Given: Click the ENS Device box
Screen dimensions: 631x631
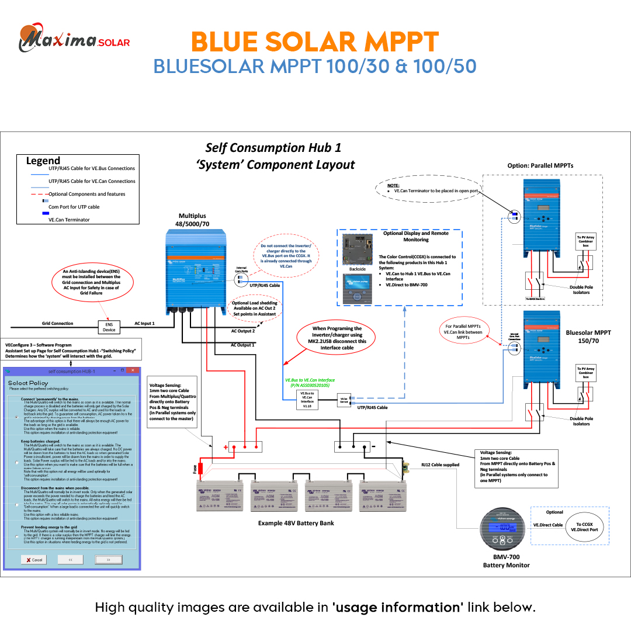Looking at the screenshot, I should click(x=109, y=327).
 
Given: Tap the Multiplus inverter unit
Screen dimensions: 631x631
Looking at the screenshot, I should click(x=196, y=269).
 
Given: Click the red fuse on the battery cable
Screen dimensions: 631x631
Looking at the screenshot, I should click(x=200, y=468).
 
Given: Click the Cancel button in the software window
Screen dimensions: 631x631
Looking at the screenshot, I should click(x=34, y=559).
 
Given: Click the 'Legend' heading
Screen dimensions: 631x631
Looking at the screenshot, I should click(x=43, y=161).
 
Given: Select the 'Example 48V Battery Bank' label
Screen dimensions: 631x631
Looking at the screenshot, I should click(x=296, y=523).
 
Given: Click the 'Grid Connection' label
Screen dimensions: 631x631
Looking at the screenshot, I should click(x=58, y=323).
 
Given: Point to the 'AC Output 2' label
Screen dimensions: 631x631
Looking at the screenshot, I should click(x=243, y=331).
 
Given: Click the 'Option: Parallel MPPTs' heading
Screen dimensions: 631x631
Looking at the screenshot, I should click(x=540, y=165).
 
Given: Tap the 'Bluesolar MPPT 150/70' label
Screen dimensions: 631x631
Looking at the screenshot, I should click(x=588, y=336).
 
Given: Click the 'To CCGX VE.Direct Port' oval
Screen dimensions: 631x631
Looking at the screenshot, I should click(x=584, y=527).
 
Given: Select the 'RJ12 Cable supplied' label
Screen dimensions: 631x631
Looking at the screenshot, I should click(x=440, y=464).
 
